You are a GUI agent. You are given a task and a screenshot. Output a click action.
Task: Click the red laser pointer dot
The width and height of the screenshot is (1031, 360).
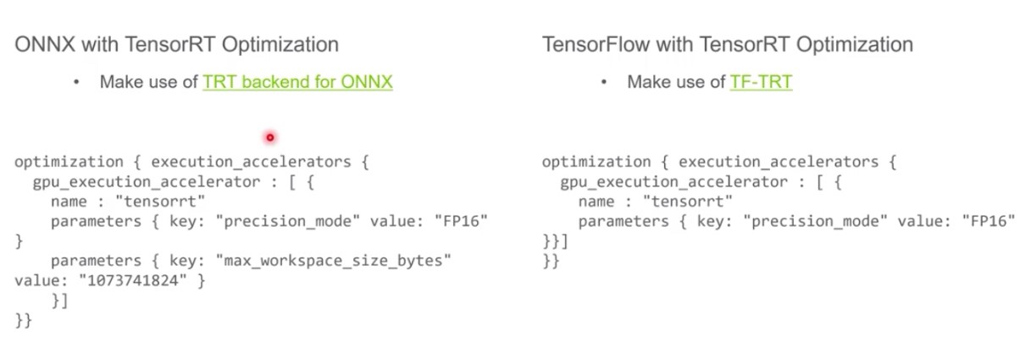[x=270, y=137]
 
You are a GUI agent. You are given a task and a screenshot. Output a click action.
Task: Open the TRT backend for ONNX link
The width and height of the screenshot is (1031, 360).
[x=297, y=82]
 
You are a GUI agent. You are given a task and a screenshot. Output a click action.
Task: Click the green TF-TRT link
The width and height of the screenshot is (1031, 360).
[x=761, y=82]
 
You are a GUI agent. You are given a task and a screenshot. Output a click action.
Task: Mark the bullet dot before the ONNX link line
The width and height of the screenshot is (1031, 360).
[x=76, y=82]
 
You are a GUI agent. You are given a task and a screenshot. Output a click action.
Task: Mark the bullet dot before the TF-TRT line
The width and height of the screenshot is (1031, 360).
[x=604, y=82]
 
